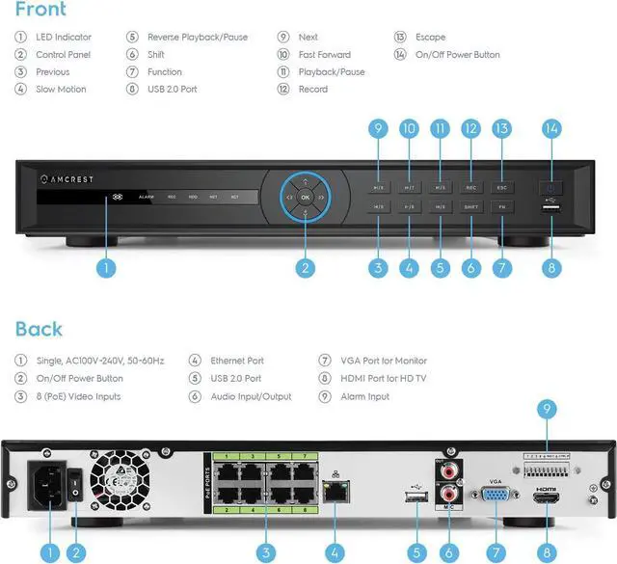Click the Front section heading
point(40,11)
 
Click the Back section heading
point(39,330)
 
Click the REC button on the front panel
point(470,187)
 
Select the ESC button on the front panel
point(501,187)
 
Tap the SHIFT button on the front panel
point(470,207)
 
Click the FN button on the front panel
point(501,207)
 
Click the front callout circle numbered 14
point(551,128)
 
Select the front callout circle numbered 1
point(107,269)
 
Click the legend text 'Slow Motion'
point(61,90)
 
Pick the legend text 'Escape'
point(430,38)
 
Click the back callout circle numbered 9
point(549,410)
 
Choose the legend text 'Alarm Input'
point(364,396)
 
